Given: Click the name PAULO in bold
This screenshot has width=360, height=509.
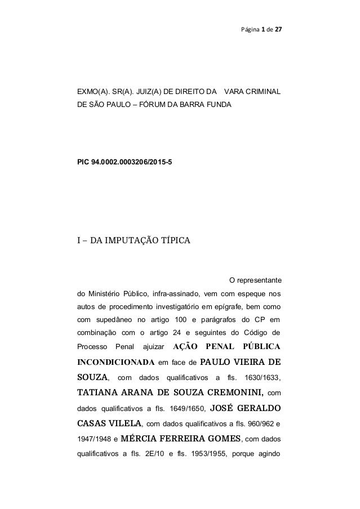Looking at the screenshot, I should [x=216, y=361].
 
